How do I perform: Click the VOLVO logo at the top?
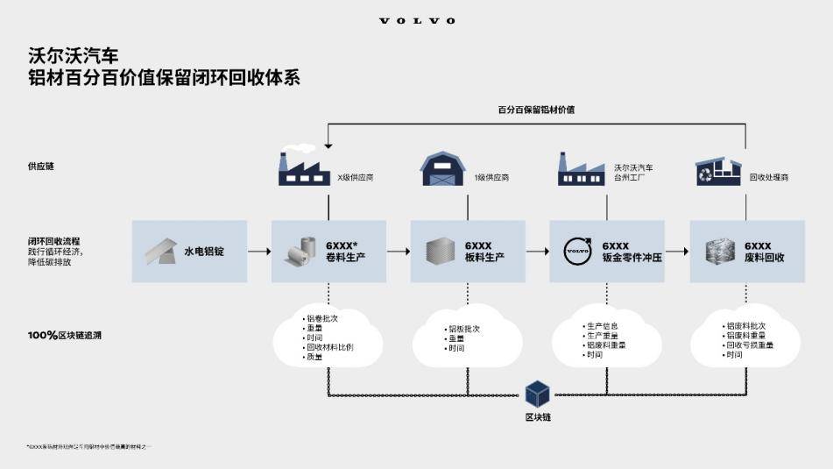[417, 20]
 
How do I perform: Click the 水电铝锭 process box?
[189, 252]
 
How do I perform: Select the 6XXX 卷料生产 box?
[328, 252]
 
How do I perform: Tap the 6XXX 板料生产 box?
[468, 252]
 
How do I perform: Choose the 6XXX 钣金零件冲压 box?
[607, 252]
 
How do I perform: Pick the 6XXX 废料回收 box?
[747, 252]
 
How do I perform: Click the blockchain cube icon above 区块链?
[537, 394]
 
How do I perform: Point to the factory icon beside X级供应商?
[304, 169]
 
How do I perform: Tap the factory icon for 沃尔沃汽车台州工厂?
[582, 169]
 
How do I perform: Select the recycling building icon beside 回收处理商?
[717, 172]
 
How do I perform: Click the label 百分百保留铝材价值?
[536, 110]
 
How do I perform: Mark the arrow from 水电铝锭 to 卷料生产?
[258, 252]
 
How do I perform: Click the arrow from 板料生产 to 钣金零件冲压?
[537, 252]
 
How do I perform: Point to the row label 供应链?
[40, 167]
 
